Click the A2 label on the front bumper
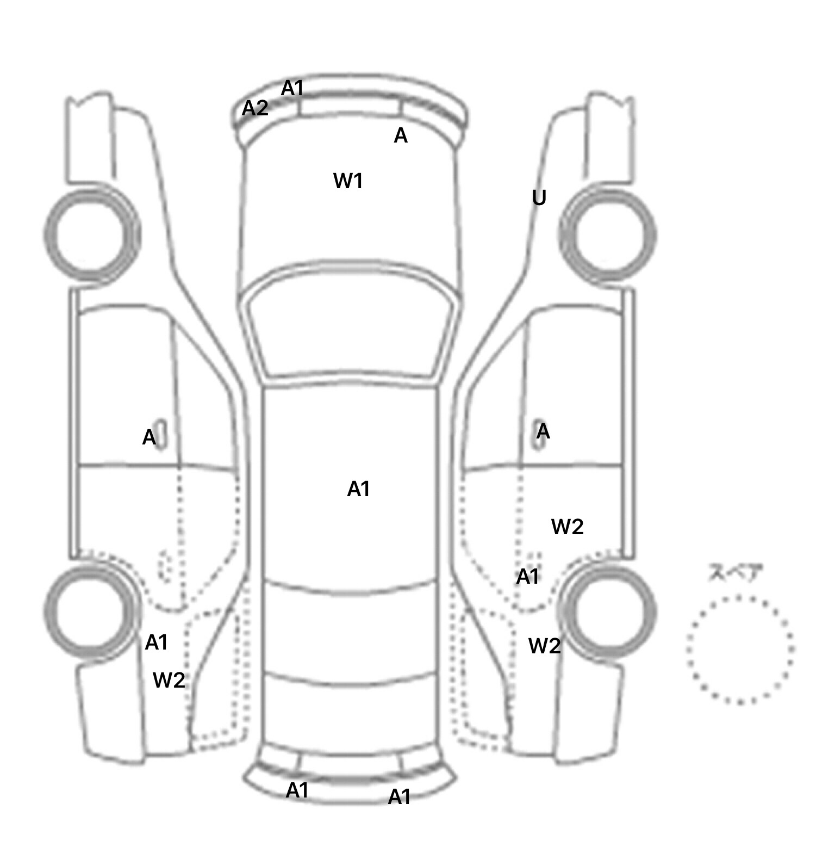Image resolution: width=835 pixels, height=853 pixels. coord(255,108)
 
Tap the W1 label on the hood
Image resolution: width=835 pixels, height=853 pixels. coord(348,181)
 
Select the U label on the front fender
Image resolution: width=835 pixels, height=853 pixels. coord(539,198)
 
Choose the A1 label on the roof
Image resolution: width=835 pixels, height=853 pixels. coord(358,489)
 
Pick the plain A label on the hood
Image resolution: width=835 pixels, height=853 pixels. coord(401,135)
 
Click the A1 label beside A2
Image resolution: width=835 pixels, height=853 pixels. coord(292,88)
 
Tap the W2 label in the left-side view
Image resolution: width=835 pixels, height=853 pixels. coord(169,680)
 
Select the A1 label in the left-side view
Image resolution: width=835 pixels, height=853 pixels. coord(157,643)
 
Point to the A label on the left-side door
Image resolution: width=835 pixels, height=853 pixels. coord(149,437)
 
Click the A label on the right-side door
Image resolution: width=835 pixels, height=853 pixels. coord(543,432)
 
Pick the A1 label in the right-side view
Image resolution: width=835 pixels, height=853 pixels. coord(527,577)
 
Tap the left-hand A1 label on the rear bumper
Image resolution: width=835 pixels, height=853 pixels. coord(297,790)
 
